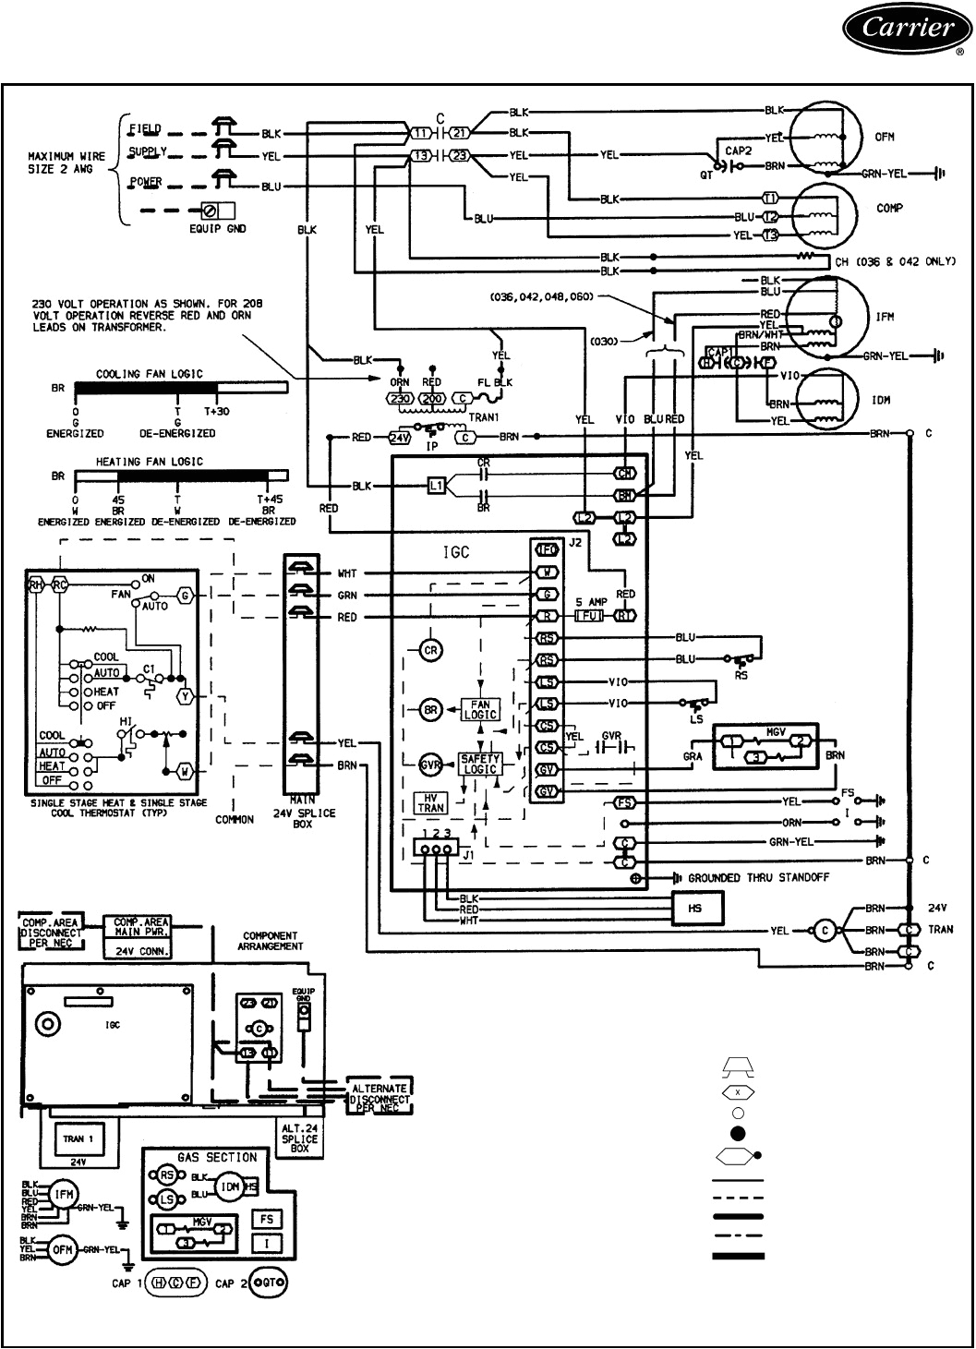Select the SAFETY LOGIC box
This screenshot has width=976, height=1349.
480,764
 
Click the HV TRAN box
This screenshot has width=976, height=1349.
430,802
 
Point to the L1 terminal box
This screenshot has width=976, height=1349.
438,485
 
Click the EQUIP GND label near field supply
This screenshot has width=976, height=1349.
217,228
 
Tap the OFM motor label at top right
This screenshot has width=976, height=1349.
884,138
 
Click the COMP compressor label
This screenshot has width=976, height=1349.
889,209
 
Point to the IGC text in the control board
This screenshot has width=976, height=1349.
455,552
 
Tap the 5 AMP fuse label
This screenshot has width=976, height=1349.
591,602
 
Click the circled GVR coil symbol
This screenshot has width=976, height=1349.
429,765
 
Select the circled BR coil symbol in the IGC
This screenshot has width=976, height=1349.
429,710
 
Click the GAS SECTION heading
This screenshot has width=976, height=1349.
217,1157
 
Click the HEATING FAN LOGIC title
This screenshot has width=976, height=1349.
150,461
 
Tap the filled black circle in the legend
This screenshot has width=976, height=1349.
738,1134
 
